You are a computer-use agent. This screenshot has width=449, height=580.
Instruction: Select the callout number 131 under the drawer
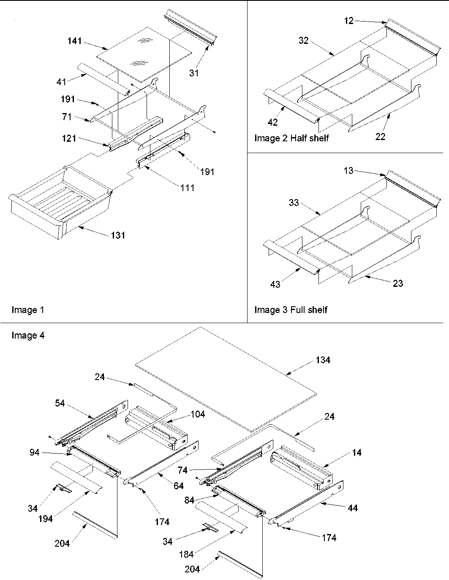[118, 235]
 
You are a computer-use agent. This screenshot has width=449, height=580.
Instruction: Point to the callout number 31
[194, 73]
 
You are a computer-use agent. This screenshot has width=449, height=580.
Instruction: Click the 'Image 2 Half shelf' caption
[291, 138]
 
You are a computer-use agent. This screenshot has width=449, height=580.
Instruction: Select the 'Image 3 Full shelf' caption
[291, 310]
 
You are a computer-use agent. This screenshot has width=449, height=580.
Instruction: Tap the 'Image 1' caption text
[27, 310]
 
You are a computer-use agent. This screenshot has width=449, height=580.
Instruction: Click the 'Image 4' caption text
[28, 335]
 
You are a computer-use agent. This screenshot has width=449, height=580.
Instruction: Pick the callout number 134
[323, 360]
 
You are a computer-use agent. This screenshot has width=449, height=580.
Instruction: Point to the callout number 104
[197, 414]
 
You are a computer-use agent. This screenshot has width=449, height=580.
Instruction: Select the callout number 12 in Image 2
[348, 20]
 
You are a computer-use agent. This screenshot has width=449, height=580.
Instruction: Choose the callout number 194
[45, 518]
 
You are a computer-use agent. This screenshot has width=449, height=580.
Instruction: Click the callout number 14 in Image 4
[356, 453]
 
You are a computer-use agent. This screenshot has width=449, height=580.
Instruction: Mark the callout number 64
[179, 486]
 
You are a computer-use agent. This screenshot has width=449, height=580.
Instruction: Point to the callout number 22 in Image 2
[380, 137]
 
